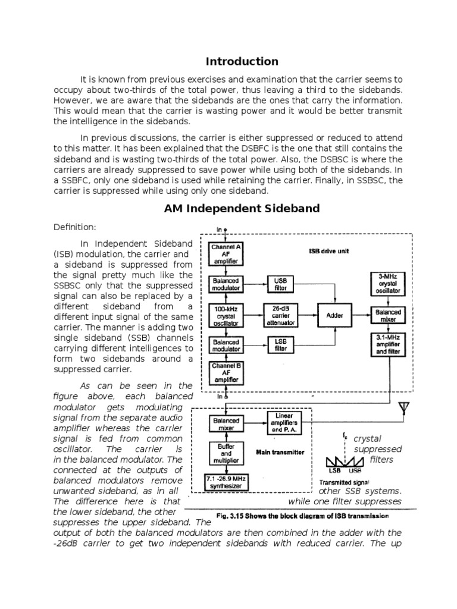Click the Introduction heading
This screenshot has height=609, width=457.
pos(242,61)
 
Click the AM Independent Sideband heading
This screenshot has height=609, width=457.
pos(242,208)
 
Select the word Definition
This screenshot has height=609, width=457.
pos(74,227)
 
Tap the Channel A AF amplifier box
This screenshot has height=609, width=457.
pos(226,253)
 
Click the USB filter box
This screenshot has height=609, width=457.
pos(280,284)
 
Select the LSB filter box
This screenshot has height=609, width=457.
pos(280,345)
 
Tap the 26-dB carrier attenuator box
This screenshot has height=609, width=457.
pos(280,315)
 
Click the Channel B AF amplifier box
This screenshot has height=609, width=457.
pos(226,373)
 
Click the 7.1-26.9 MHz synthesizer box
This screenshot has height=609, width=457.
pos(226,482)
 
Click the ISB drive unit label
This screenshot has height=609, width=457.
pos(329,250)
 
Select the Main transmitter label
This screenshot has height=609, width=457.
pos(280,452)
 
